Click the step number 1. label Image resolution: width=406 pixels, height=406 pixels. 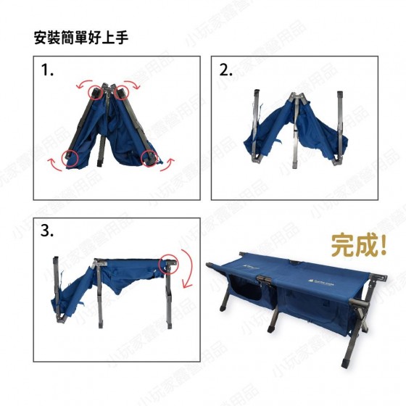(47, 70)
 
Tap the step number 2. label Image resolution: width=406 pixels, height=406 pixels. (225, 70)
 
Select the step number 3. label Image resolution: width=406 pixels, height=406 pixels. (47, 231)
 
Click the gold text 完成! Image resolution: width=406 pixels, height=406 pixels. (359, 245)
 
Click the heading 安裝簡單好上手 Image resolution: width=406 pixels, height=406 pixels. (81, 38)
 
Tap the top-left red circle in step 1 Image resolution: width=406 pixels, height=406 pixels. (96, 93)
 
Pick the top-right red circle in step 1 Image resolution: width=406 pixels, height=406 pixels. (121, 93)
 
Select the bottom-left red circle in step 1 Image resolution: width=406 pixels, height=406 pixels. (70, 157)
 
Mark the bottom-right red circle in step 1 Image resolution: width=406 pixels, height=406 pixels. (149, 157)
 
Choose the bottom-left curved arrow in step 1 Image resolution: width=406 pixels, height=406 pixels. (54, 166)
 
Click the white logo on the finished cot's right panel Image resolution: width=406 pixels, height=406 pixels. (320, 282)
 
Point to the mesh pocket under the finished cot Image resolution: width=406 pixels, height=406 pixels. (246, 291)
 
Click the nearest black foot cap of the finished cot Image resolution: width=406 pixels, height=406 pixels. (346, 362)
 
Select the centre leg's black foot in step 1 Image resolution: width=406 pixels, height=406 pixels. (100, 163)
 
